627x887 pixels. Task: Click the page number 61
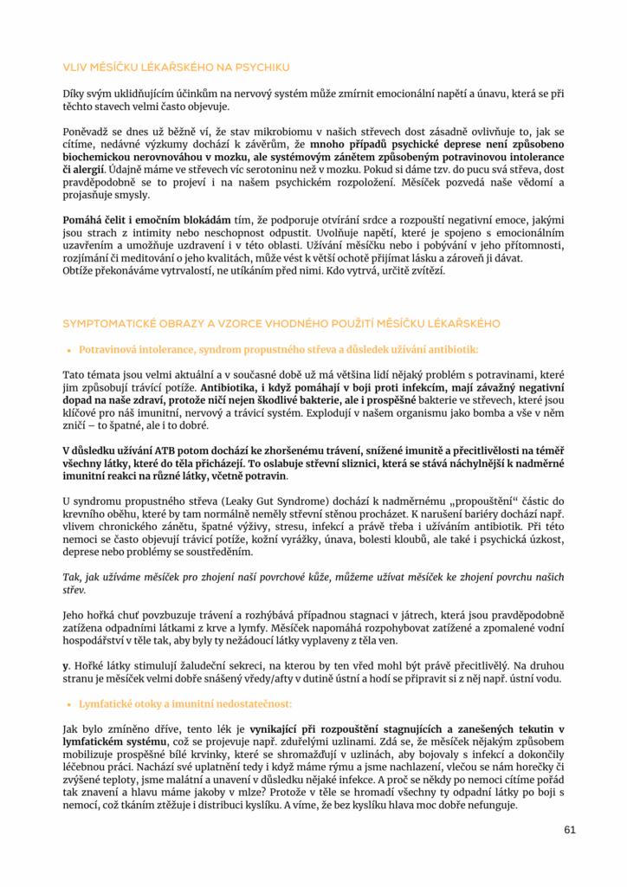(x=569, y=829)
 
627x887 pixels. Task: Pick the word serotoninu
(x=268, y=171)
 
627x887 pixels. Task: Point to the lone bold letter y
(x=65, y=665)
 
